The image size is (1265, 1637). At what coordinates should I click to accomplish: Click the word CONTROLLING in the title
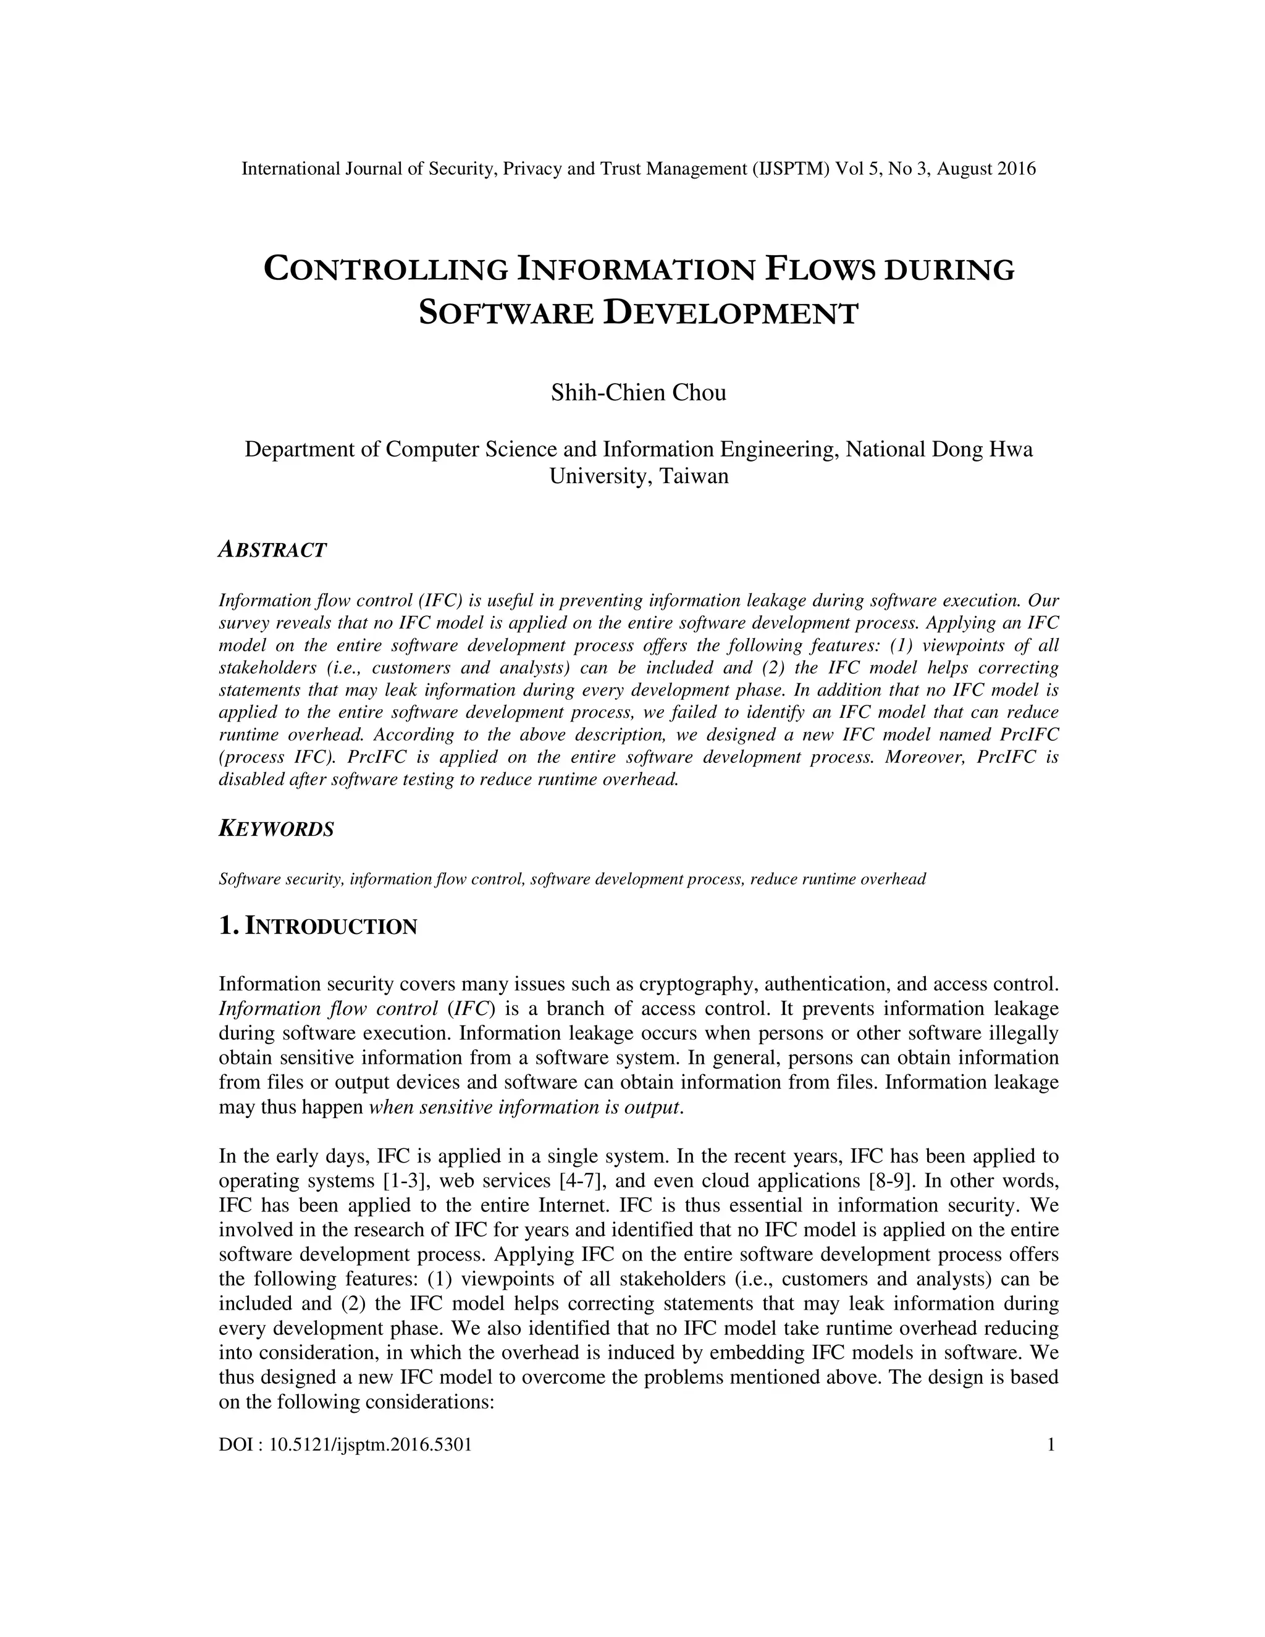(385, 270)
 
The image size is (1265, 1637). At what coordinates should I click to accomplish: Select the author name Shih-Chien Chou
(639, 393)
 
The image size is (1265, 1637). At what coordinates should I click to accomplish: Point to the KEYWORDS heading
(275, 829)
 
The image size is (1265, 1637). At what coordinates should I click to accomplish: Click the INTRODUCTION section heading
(330, 927)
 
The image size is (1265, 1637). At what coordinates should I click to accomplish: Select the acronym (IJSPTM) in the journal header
(791, 169)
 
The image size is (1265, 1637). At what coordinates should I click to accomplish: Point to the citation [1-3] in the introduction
(405, 1180)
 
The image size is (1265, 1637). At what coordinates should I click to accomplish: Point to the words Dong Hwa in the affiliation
(981, 450)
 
